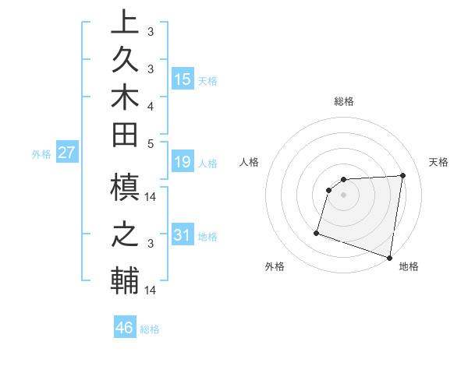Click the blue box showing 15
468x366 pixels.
click(183, 79)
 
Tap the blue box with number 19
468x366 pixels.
click(183, 162)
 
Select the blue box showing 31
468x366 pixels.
click(183, 235)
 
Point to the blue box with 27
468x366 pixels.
click(67, 153)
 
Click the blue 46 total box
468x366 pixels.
click(125, 327)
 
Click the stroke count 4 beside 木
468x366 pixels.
click(150, 105)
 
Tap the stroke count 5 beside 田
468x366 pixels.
click(150, 143)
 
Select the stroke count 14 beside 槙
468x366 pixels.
click(151, 198)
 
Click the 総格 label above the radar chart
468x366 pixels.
click(344, 101)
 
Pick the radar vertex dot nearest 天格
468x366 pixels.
click(403, 175)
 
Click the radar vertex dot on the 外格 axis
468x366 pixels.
click(317, 232)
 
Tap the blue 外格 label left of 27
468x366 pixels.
click(41, 154)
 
